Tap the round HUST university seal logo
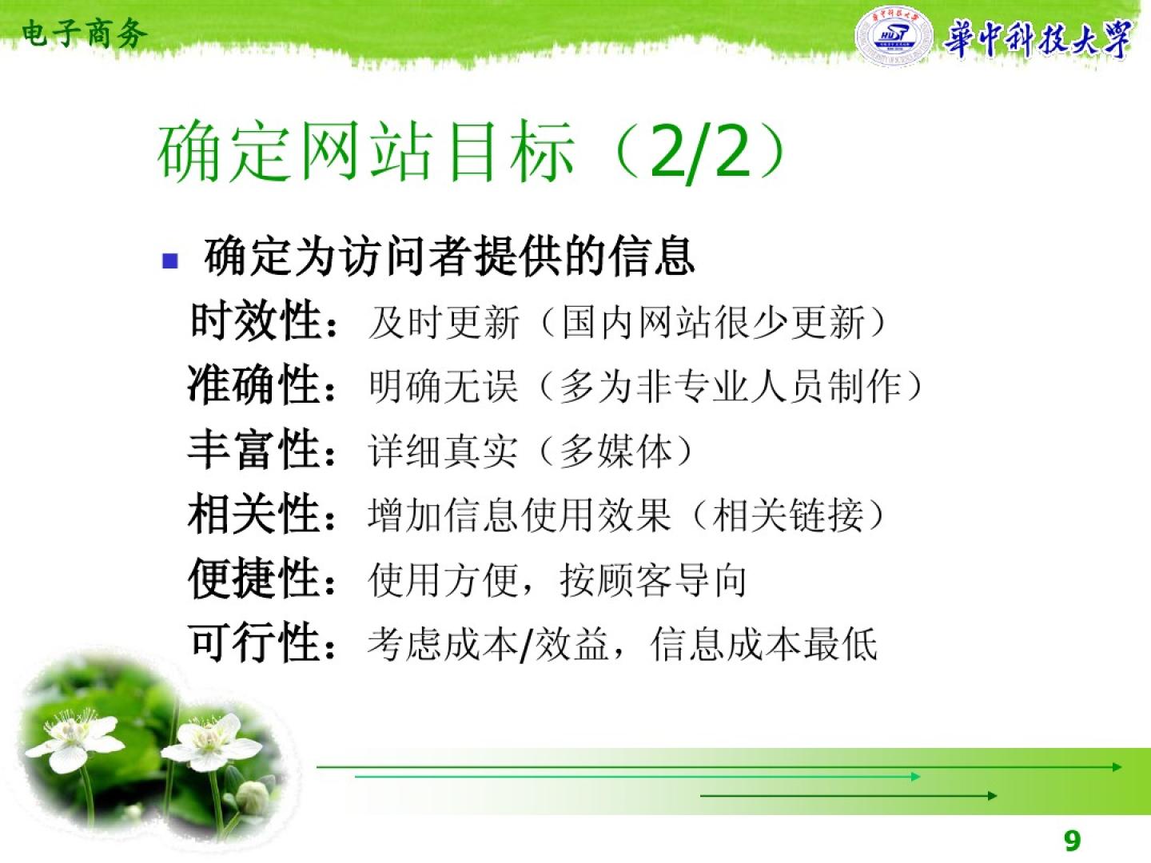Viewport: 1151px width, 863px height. [x=894, y=36]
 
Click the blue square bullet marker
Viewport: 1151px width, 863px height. [x=170, y=260]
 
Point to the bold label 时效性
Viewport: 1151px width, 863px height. [x=256, y=320]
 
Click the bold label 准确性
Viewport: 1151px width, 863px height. [x=255, y=384]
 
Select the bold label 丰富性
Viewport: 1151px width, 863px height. [x=255, y=449]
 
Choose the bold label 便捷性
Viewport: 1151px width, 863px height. [x=255, y=579]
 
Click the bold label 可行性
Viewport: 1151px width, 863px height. [x=256, y=643]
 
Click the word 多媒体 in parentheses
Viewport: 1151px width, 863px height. [x=616, y=451]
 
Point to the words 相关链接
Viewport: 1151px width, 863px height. [x=788, y=515]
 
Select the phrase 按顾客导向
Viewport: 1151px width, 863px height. [x=653, y=580]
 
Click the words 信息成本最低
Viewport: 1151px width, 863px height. [x=763, y=645]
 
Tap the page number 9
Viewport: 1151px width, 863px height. [x=1073, y=841]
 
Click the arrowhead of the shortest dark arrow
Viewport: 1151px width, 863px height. [x=992, y=796]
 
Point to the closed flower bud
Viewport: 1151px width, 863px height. [x=253, y=797]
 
